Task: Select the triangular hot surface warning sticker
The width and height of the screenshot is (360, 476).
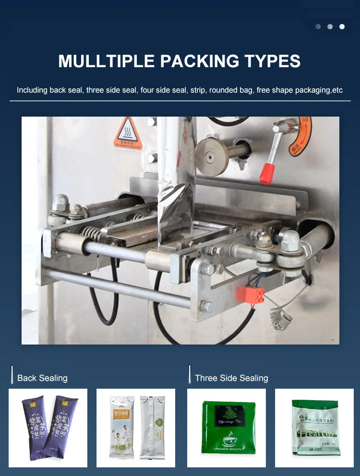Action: [x=127, y=133]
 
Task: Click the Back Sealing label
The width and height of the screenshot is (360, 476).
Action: [x=42, y=378]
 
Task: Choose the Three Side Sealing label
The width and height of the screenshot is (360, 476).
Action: [x=231, y=378]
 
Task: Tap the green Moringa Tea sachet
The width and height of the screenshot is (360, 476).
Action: [x=226, y=428]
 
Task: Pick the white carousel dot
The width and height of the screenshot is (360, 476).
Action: [x=342, y=27]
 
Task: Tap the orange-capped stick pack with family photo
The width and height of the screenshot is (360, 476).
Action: [x=122, y=427]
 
